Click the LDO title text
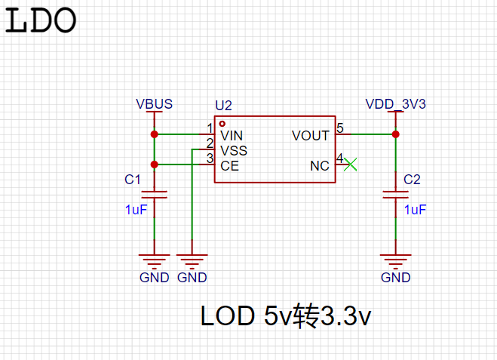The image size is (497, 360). point(41,20)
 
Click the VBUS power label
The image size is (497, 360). point(155,104)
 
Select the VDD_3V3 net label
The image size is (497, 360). point(396,104)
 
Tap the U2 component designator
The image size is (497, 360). point(223,106)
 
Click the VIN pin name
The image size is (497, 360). point(232,136)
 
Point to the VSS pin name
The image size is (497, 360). point(234,151)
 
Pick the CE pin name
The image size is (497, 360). point(229,166)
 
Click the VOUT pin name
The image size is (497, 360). point(311,136)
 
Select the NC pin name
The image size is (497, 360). point(320,166)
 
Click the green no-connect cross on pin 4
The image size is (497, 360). point(350,165)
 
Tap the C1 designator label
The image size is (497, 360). point(133,180)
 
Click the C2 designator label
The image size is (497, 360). point(412,180)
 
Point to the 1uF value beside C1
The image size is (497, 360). point(136,210)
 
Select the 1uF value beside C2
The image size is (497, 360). point(416,210)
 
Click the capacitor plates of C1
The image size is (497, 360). point(155,195)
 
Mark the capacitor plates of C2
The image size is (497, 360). point(396,195)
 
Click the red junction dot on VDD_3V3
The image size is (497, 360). point(396,134)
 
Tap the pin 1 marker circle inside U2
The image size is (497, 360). point(222,124)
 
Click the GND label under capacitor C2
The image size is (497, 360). point(396,278)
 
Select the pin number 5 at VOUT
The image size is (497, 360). point(340,128)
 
